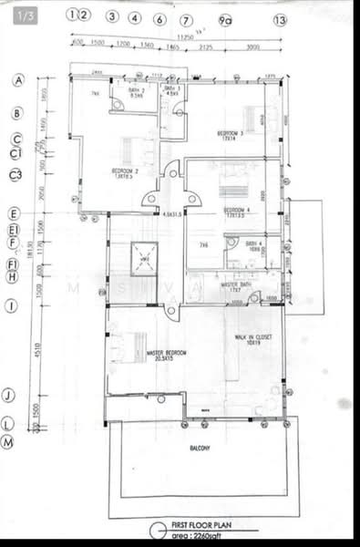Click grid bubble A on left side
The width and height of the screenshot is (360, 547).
(x=16, y=80)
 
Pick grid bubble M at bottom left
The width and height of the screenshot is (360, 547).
(x=8, y=441)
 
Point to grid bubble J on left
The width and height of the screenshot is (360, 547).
(x=8, y=395)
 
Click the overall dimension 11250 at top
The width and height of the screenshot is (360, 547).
(x=185, y=37)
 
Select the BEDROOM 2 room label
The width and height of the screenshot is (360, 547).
(x=125, y=171)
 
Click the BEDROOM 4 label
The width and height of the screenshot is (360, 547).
(x=237, y=212)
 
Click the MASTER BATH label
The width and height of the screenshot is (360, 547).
(x=235, y=285)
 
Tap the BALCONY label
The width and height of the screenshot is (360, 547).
(x=201, y=448)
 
